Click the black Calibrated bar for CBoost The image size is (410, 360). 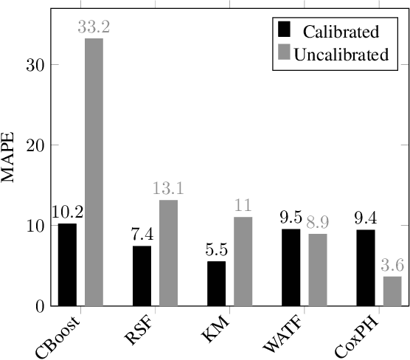tap(66, 264)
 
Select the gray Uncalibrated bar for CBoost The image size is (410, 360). tap(94, 171)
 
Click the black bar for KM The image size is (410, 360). tap(216, 283)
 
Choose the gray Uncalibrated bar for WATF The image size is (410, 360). tap(318, 269)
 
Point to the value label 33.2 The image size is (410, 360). tap(94, 27)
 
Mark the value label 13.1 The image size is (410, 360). tap(169, 190)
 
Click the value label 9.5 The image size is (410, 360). tap(291, 218)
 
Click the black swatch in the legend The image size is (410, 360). tap(284, 31)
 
